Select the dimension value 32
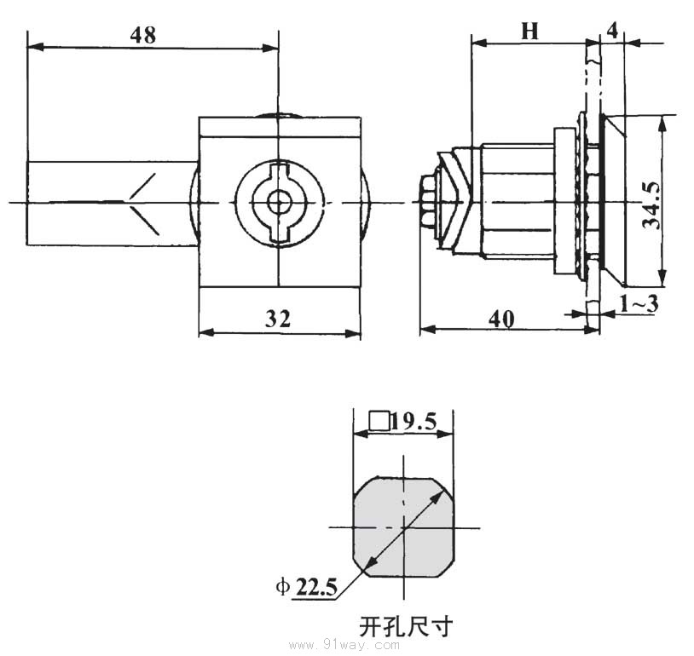coord(278,319)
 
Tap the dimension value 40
coord(501,318)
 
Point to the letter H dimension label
coord(530,32)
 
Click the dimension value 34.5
coord(652,203)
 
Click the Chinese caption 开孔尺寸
coord(405,628)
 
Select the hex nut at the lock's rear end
coord(427,202)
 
